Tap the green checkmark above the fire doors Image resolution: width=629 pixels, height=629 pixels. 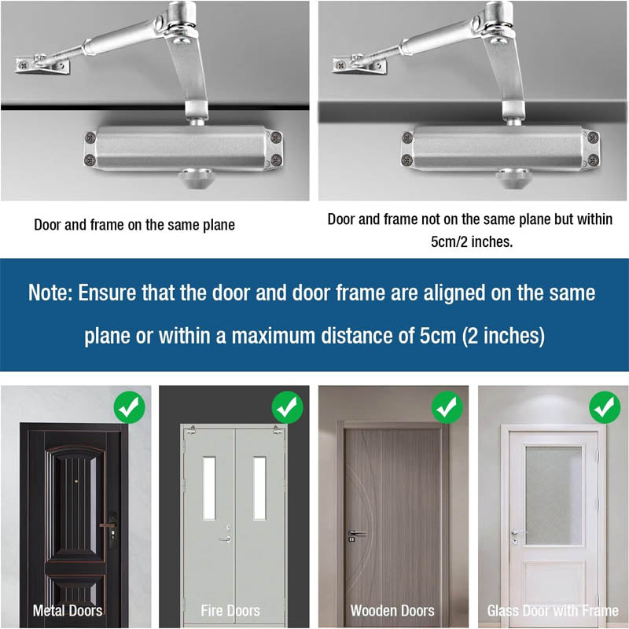point(287,407)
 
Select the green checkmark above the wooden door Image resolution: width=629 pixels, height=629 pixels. point(447,407)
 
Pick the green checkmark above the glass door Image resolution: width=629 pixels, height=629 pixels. point(605,407)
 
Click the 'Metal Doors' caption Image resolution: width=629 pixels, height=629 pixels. point(68,610)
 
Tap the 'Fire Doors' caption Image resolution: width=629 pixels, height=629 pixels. point(230,610)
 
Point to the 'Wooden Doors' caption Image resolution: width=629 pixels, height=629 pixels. point(392,610)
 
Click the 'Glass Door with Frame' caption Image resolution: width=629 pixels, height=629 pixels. point(553,610)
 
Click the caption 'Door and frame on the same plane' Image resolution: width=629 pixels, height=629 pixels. point(134,225)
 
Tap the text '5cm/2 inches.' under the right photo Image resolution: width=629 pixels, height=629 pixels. point(472,241)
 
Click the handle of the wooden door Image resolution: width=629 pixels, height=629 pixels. point(355,532)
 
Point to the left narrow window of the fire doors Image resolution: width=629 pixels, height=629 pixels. point(209,487)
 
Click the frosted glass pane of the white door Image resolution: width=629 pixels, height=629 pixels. point(553,495)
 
